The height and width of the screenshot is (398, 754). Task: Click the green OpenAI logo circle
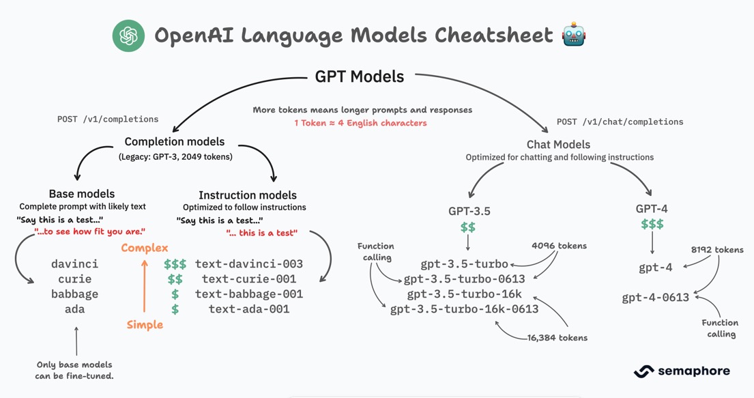[128, 35]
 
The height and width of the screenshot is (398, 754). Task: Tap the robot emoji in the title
[574, 35]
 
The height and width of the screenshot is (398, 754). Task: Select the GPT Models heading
[360, 76]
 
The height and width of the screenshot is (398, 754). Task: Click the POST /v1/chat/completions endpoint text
[620, 122]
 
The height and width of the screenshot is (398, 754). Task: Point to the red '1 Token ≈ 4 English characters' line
[360, 123]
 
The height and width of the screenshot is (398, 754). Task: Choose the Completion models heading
[174, 142]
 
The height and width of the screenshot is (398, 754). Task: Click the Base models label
[82, 194]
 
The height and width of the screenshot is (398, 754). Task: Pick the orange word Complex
[145, 248]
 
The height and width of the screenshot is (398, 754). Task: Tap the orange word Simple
[145, 325]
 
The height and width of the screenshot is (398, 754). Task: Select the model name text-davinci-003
[249, 264]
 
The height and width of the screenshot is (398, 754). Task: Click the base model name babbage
[75, 294]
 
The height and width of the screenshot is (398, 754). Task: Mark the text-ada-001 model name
[249, 309]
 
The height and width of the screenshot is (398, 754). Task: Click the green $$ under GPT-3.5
[468, 227]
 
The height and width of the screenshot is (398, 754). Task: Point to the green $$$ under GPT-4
[652, 225]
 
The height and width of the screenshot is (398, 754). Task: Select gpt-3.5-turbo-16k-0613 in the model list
[464, 309]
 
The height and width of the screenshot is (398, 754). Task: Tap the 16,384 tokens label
[557, 337]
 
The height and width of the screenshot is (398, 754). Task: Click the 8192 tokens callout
[716, 250]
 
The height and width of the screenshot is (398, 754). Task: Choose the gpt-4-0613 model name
[655, 298]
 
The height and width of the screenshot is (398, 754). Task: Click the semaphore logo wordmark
[682, 371]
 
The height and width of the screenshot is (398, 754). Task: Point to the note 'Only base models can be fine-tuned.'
[74, 370]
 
